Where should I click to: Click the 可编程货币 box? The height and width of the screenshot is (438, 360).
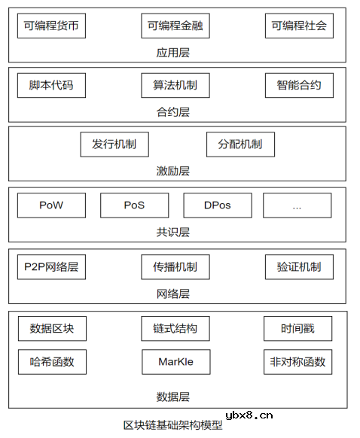51,26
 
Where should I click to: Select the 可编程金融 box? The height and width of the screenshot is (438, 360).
175,26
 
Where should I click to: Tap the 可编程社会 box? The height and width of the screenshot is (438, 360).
299,26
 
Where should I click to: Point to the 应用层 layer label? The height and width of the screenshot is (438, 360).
174,52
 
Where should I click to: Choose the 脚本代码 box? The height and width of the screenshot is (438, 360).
51,86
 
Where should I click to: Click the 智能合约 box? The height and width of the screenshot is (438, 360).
299,86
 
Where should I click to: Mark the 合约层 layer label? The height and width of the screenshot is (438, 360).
174,111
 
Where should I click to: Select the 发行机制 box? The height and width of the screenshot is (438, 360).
114,144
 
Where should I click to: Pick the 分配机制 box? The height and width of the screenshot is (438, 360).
240,144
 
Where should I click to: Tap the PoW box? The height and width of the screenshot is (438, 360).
51,205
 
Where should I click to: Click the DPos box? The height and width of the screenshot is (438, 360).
217,205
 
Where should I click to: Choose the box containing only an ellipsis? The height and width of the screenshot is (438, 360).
297,205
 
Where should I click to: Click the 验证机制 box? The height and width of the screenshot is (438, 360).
299,267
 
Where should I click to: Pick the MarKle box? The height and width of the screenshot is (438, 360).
175,362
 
